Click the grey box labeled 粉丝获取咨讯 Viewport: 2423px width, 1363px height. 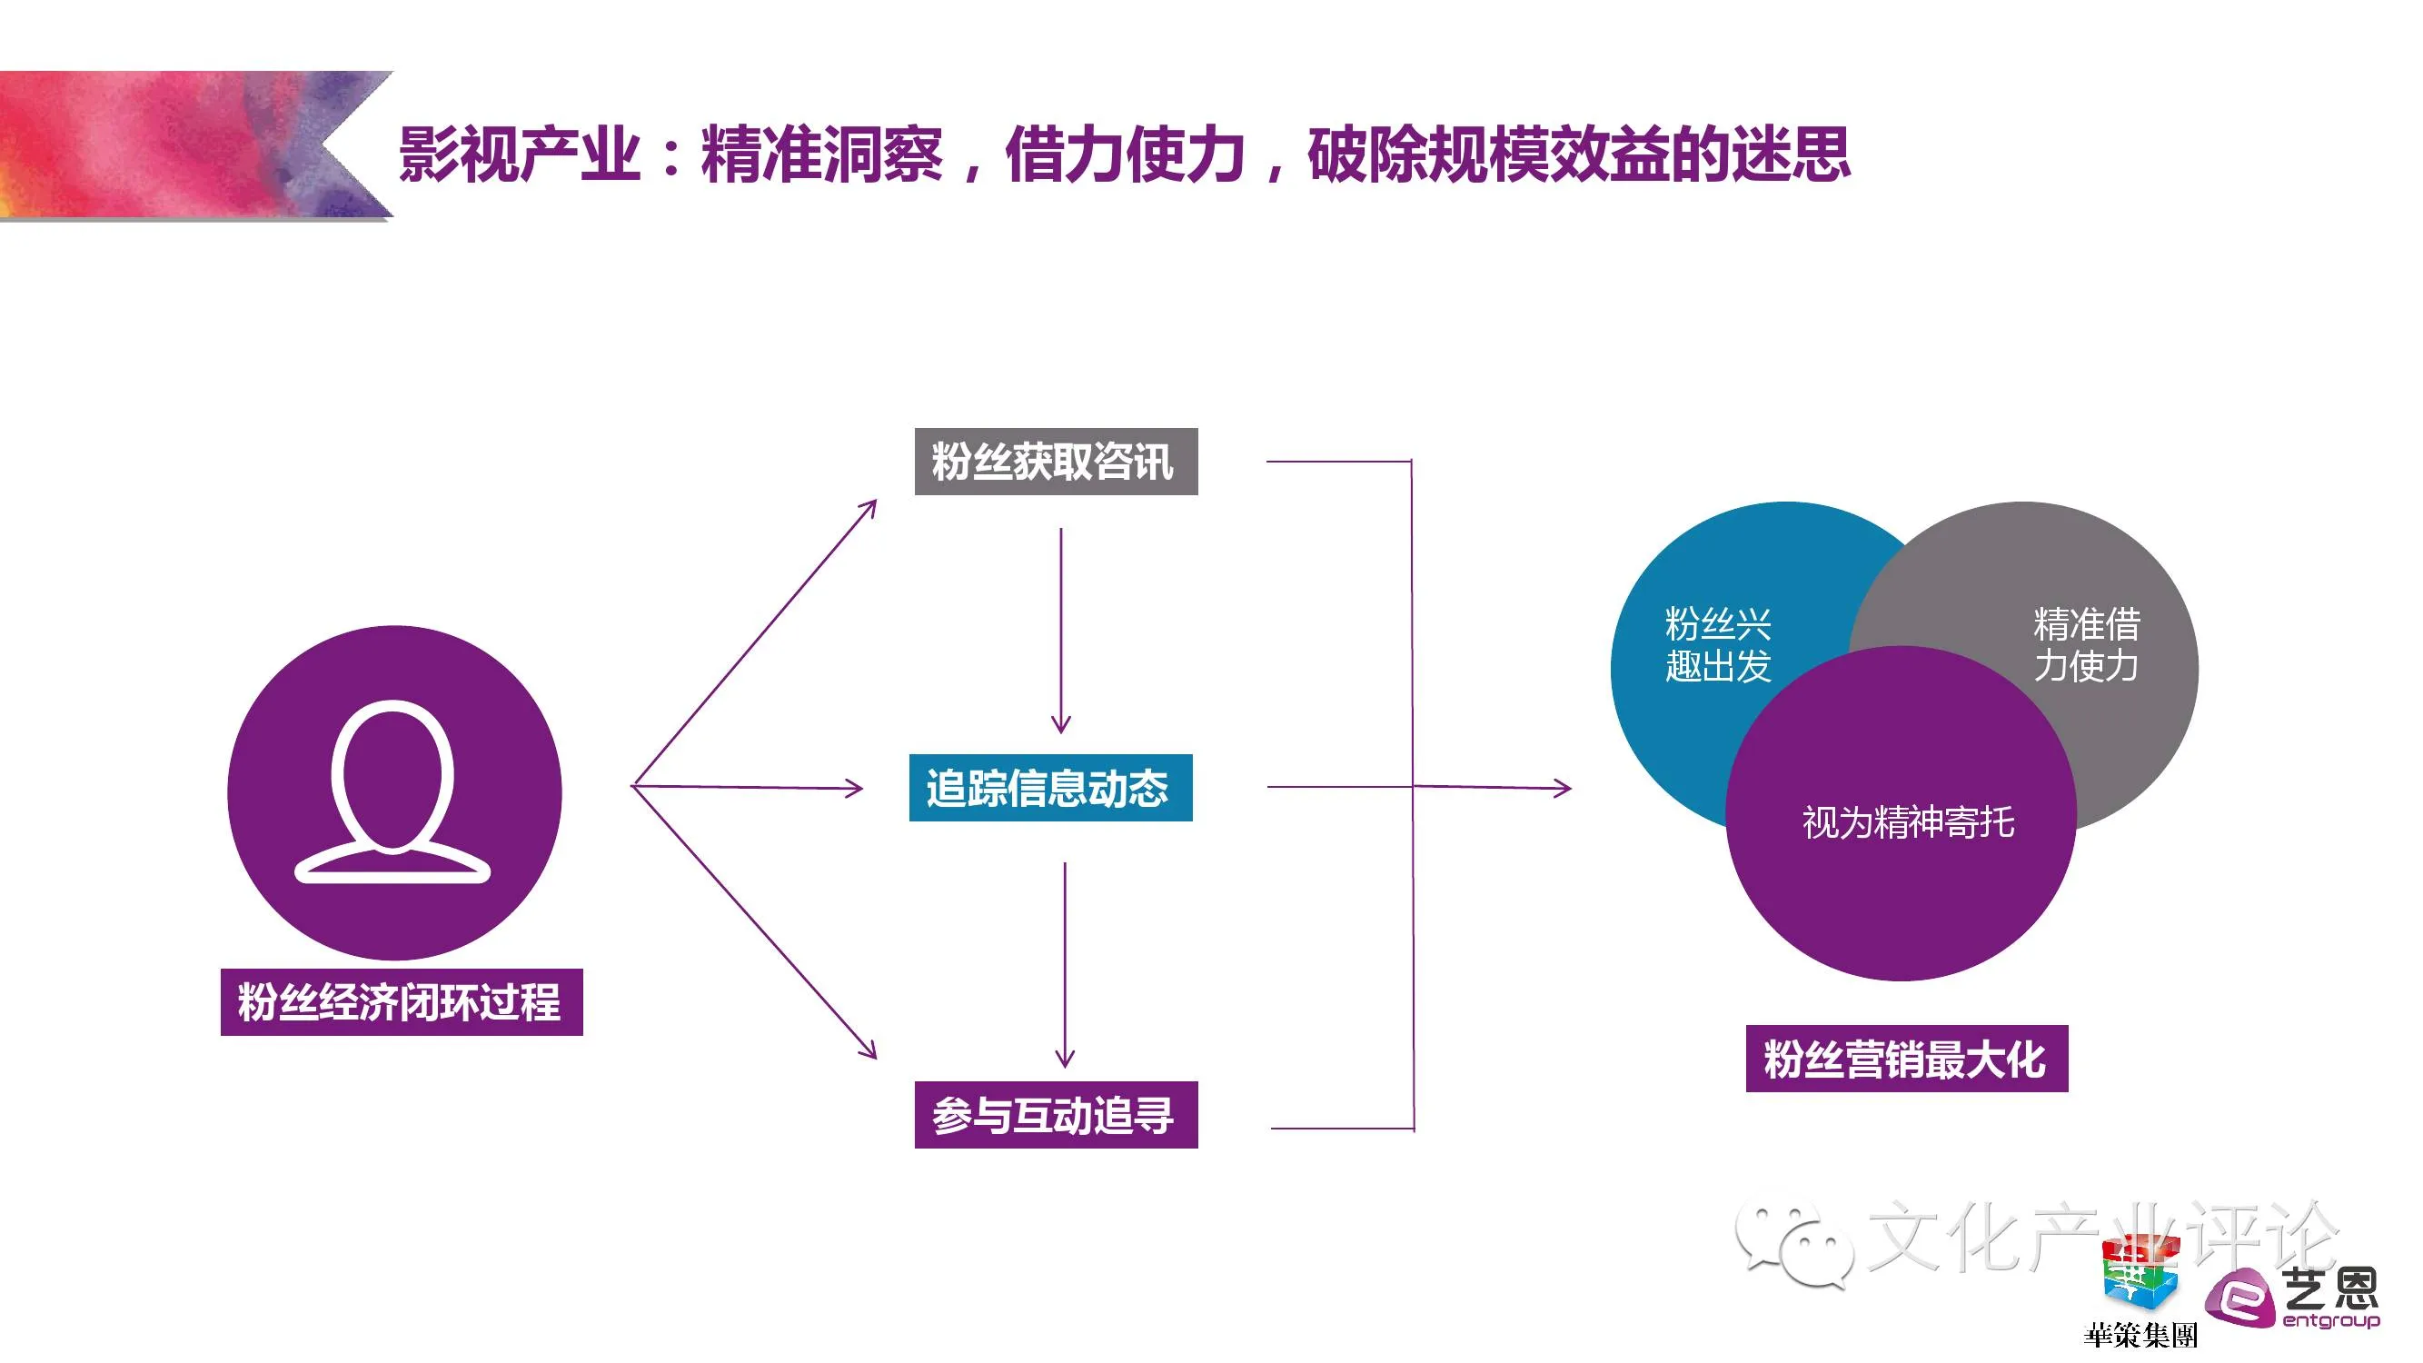[1056, 461]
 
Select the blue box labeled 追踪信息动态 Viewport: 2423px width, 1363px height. [1049, 787]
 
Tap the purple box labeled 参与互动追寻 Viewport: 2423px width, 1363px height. [1056, 1115]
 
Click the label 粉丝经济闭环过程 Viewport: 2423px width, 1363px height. [402, 1001]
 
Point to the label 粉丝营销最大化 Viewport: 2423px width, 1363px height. [1906, 1060]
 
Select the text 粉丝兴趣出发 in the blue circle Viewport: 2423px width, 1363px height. [1718, 644]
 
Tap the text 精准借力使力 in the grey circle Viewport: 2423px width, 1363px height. [2085, 644]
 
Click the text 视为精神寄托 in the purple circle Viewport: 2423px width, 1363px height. [1908, 822]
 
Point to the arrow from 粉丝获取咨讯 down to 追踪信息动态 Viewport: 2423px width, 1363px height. [1061, 631]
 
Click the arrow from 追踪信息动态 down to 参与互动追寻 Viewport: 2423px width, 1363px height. [1065, 964]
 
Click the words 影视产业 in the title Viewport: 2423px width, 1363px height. [520, 154]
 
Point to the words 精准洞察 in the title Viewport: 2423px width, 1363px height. [820, 154]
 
